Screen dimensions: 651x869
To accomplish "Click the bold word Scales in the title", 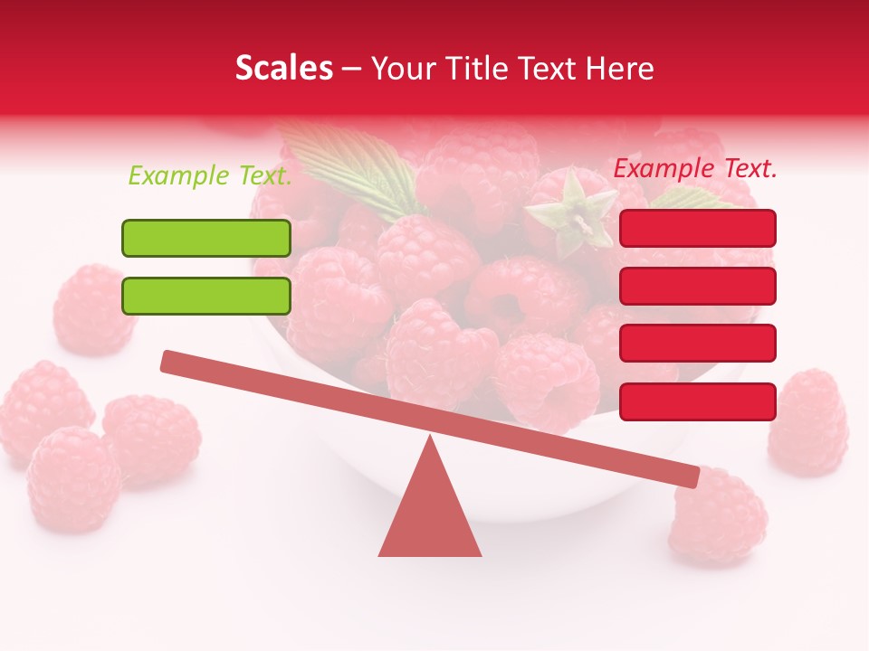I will pyautogui.click(x=284, y=69).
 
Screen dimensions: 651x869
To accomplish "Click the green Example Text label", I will pyautogui.click(x=210, y=175).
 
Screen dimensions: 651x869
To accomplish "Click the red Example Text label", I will pyautogui.click(x=695, y=168).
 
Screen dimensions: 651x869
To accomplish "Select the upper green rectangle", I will pyautogui.click(x=206, y=238).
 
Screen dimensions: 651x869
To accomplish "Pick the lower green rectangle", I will pyautogui.click(x=206, y=296).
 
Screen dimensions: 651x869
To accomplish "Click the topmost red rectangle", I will pyautogui.click(x=698, y=228).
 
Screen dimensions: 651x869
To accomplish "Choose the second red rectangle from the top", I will pyautogui.click(x=698, y=286).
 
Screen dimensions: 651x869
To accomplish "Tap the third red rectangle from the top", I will pyautogui.click(x=698, y=343).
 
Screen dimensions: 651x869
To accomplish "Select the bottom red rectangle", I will pyautogui.click(x=698, y=401).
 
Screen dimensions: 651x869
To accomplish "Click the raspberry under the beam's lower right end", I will pyautogui.click(x=720, y=520).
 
